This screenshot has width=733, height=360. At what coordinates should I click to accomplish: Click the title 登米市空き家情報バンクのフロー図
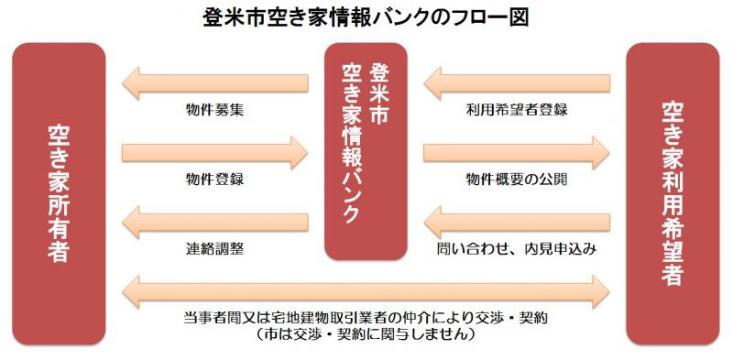pyautogui.click(x=366, y=17)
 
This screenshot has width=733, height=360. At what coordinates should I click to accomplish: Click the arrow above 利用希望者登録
pyautogui.click(x=517, y=83)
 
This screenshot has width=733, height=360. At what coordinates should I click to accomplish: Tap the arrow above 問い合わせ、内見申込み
pyautogui.click(x=517, y=221)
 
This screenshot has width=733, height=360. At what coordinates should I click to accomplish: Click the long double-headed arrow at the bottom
pyautogui.click(x=366, y=289)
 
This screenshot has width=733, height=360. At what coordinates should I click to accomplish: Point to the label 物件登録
pyautogui.click(x=213, y=179)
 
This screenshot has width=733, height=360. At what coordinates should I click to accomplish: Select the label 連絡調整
pyautogui.click(x=213, y=248)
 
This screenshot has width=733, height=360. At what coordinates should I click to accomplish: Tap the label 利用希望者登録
pyautogui.click(x=517, y=110)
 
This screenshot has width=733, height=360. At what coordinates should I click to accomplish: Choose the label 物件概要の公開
pyautogui.click(x=517, y=179)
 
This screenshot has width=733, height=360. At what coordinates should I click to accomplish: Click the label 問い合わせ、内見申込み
pyautogui.click(x=517, y=248)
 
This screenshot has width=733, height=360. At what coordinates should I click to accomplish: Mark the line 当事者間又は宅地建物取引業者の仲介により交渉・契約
pyautogui.click(x=366, y=317)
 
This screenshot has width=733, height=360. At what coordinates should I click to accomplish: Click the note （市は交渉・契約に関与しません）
pyautogui.click(x=366, y=335)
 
